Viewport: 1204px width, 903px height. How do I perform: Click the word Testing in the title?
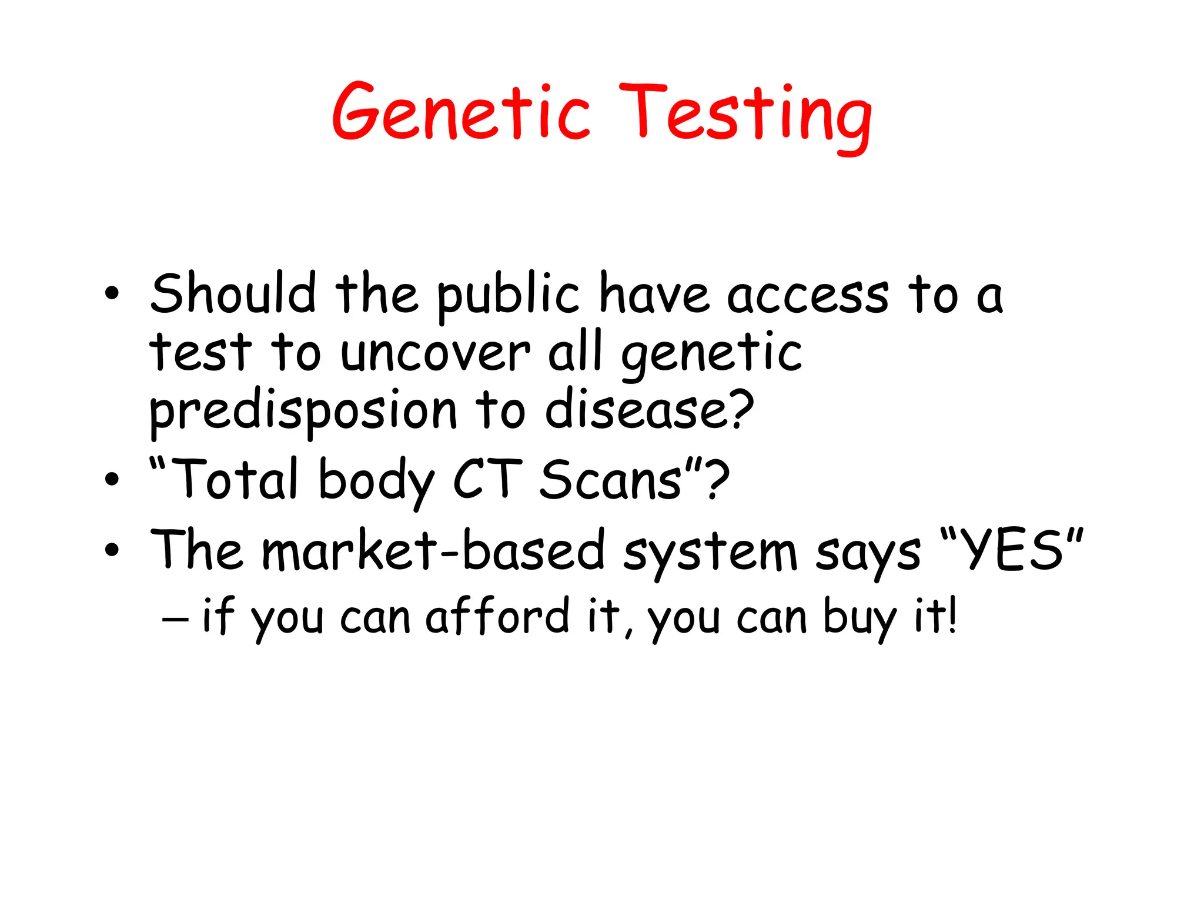point(745,116)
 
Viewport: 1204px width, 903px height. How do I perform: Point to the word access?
point(808,296)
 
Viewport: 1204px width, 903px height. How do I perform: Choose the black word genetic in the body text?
point(711,354)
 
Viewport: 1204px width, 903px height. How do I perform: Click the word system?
point(710,553)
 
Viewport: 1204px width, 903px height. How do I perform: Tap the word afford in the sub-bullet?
point(497,617)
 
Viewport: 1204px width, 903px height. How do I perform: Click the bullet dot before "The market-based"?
point(112,551)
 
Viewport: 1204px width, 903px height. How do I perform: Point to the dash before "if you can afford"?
point(175,618)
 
